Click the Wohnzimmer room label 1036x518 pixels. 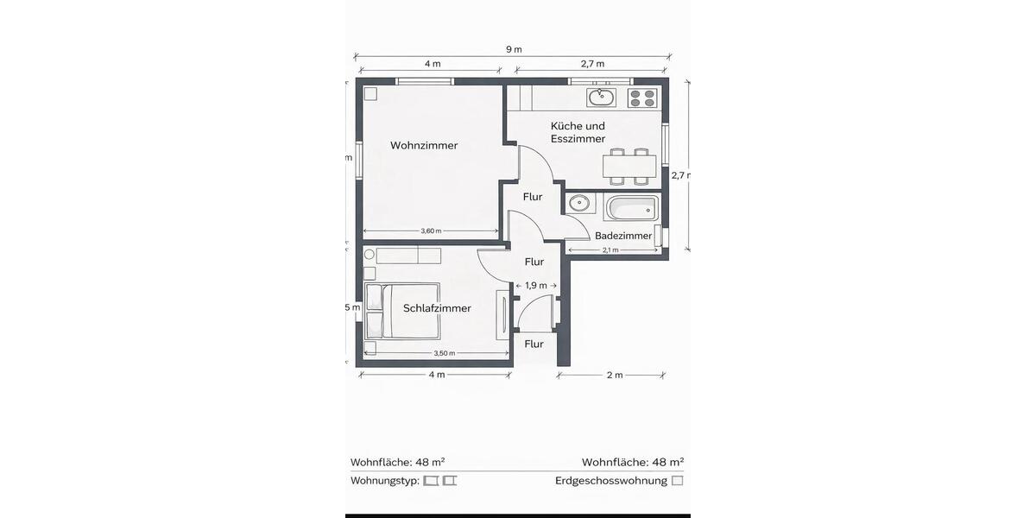[423, 145]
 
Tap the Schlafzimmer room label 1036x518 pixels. [437, 308]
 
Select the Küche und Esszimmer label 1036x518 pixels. [578, 132]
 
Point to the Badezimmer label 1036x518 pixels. [623, 236]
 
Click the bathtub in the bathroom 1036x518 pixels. [632, 208]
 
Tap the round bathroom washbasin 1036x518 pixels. [578, 204]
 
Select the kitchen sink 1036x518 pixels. [602, 96]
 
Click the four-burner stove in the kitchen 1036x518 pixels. [641, 98]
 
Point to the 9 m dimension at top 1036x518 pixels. [514, 49]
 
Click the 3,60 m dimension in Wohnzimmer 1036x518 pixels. [431, 231]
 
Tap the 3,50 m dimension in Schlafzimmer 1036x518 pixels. [443, 353]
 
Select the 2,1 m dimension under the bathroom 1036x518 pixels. [610, 250]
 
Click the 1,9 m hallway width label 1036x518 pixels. [536, 285]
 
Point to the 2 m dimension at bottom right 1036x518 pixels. [614, 375]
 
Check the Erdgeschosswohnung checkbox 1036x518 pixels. [678, 481]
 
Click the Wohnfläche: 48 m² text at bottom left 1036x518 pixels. [397, 462]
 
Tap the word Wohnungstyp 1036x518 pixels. [384, 481]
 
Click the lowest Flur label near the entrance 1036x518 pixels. [534, 344]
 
